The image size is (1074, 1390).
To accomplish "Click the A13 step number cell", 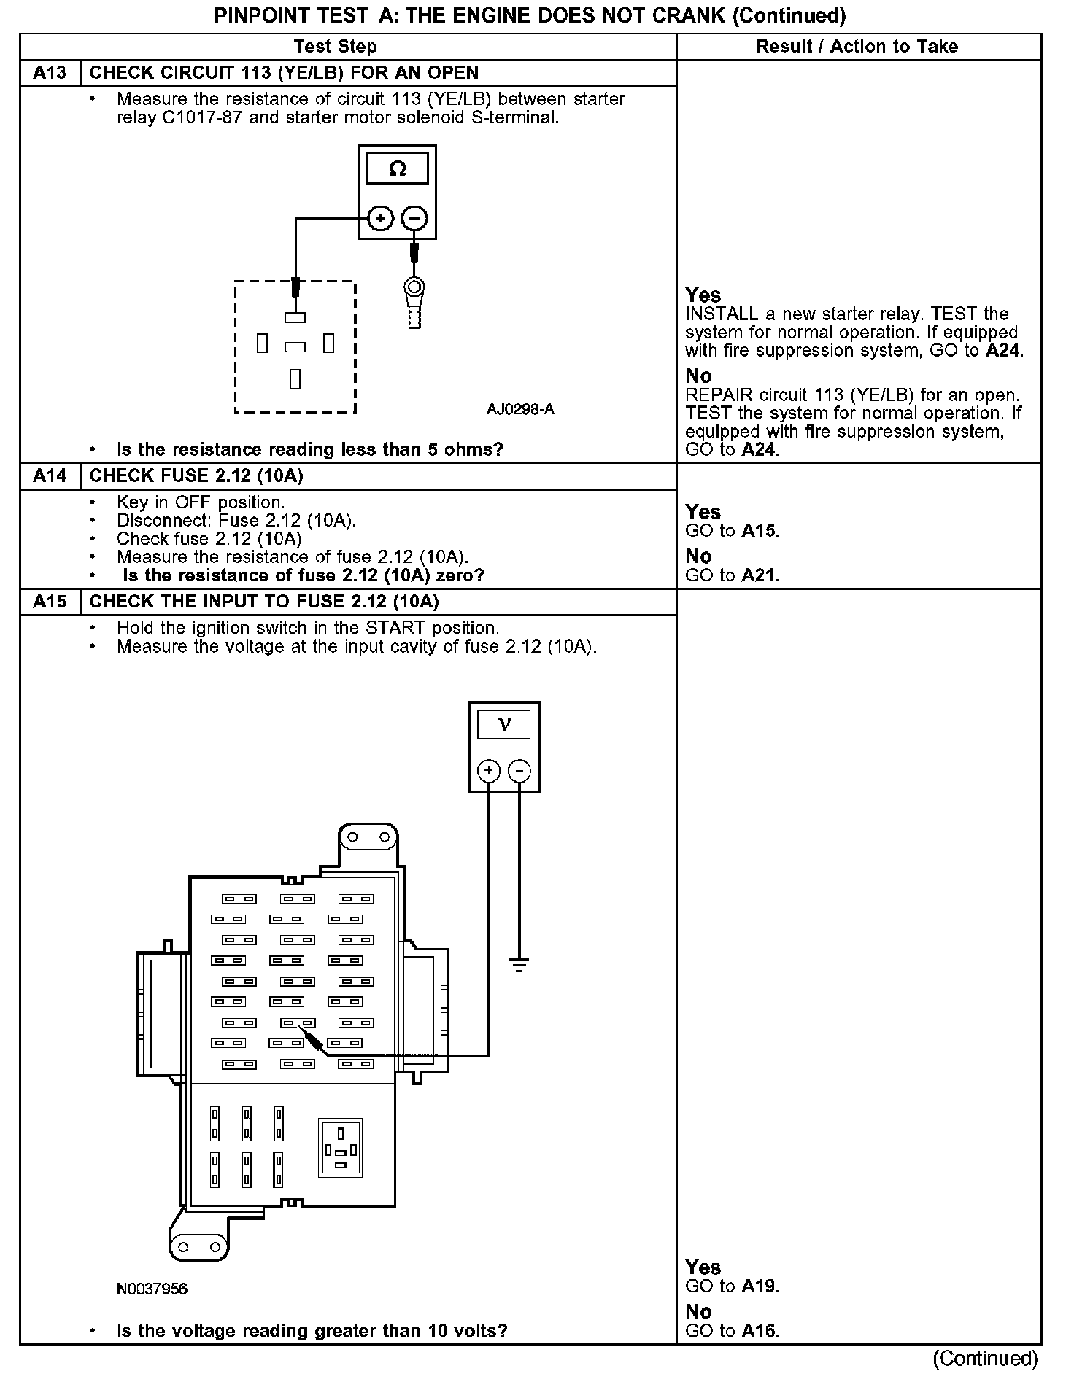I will [x=50, y=73].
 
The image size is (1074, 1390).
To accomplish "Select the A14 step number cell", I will [x=50, y=476].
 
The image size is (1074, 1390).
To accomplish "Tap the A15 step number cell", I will [x=50, y=602].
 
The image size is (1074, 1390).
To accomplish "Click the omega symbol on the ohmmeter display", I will [x=398, y=168].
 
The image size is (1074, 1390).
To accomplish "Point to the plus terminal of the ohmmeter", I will [x=380, y=217].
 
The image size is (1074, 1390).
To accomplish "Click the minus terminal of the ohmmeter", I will [x=414, y=217].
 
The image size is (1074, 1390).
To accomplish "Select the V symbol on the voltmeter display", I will [x=504, y=724].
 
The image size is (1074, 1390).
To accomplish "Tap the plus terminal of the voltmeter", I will [x=489, y=771].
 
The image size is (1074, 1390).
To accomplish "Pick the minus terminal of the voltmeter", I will [x=519, y=771].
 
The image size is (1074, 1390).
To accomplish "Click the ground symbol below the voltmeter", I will [x=519, y=966].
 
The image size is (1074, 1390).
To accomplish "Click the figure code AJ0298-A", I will [x=520, y=409].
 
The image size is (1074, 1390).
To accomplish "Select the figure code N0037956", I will [x=152, y=1289].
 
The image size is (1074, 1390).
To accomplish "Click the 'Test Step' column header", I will [x=335, y=47].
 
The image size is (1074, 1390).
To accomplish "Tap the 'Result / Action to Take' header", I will [x=857, y=47].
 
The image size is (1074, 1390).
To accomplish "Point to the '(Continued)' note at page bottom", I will [x=985, y=1358].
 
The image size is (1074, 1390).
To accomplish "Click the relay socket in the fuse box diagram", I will [x=341, y=1148].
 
